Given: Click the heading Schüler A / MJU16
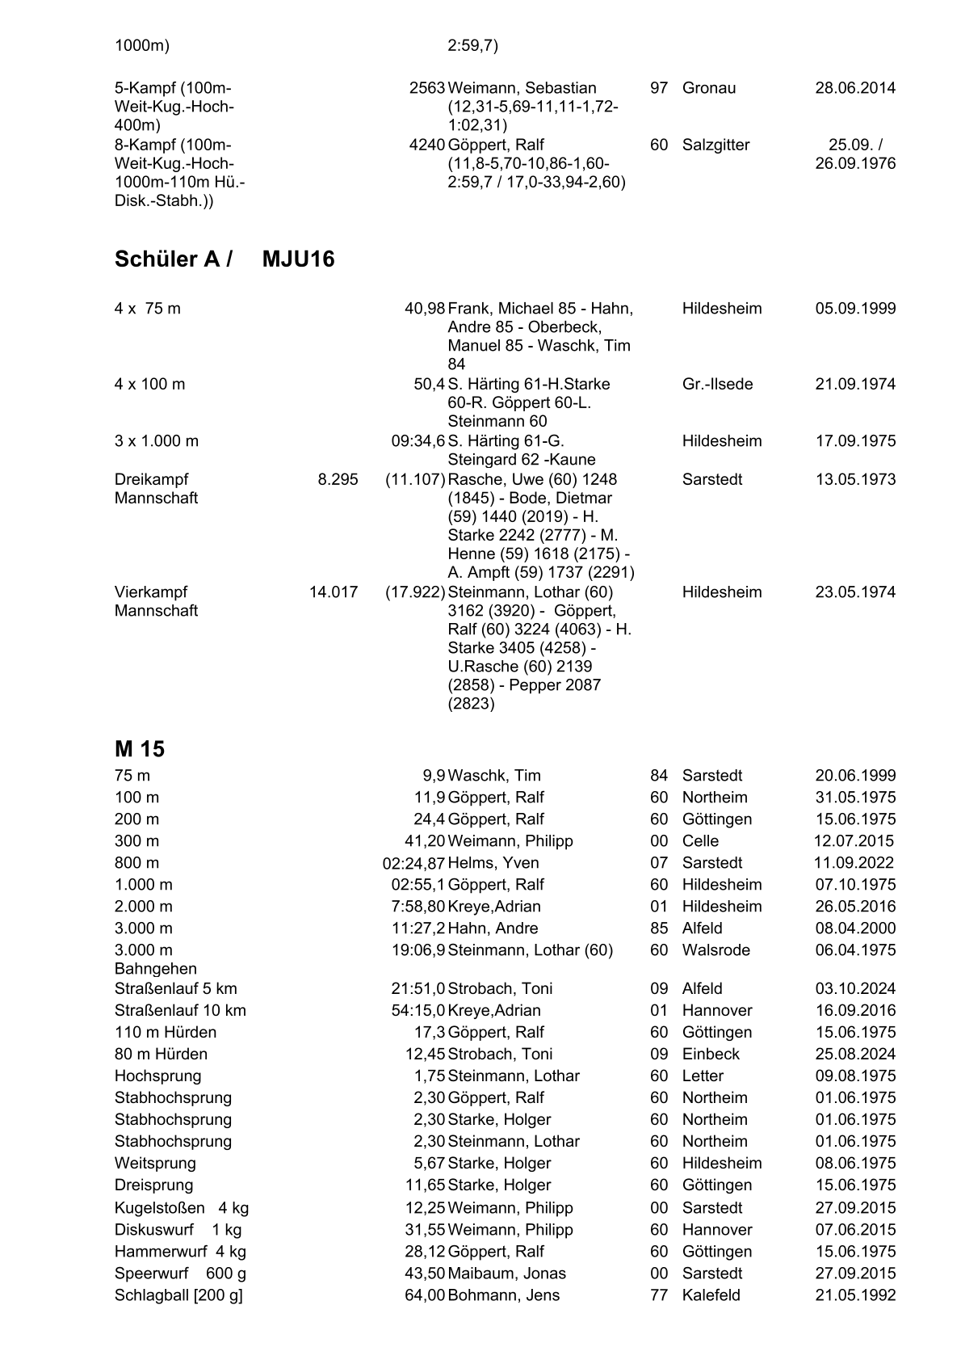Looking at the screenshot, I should [x=224, y=259].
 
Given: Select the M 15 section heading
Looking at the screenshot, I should [x=140, y=749].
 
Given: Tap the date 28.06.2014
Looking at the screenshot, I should [x=855, y=88].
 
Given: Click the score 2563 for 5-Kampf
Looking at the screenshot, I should [x=427, y=88].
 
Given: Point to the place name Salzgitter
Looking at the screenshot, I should [x=716, y=145].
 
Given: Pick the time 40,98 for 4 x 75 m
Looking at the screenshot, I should [x=425, y=309].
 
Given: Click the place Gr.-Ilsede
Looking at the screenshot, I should [x=717, y=384].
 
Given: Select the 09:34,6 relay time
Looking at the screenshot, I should [x=418, y=441].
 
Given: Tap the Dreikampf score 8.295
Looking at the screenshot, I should [x=338, y=479].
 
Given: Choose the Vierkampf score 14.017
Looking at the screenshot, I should [x=334, y=592].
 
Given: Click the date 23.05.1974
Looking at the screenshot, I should [x=855, y=592].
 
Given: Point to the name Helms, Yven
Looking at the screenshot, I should [x=493, y=863].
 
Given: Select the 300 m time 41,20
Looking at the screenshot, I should [x=425, y=841].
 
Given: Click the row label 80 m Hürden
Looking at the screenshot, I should [x=161, y=1055].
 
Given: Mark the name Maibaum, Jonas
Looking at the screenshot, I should [x=506, y=1274].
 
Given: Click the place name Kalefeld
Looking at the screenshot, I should [x=711, y=1295].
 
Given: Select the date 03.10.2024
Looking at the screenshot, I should [x=855, y=989].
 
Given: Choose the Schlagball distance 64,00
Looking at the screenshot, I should [x=425, y=1295].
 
